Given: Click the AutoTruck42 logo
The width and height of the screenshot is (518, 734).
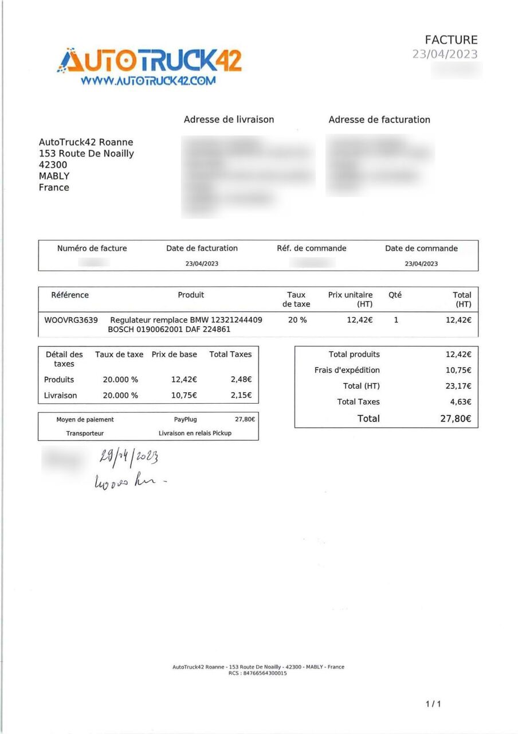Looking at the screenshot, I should click(150, 60).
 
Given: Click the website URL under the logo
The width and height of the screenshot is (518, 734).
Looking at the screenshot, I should click(148, 81).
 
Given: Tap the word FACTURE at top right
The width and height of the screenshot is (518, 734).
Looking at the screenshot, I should click(451, 40).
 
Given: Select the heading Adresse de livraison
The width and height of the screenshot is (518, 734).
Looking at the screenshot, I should click(229, 119).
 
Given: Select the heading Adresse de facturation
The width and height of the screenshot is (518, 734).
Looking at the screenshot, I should click(379, 119).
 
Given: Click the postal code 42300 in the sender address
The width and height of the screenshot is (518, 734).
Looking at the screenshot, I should click(53, 165).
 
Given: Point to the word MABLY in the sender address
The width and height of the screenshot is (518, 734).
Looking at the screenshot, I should click(54, 176).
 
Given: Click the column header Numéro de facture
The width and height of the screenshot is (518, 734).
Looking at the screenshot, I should click(92, 248).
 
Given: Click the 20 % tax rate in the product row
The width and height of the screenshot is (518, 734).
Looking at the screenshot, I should click(297, 320).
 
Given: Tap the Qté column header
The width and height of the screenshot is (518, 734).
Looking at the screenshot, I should click(395, 295).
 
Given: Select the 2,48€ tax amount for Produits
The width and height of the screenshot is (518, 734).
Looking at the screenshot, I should click(241, 380).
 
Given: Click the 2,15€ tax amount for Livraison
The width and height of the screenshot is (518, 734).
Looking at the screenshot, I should click(241, 396).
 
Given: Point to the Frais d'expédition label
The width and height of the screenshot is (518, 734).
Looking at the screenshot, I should click(347, 370).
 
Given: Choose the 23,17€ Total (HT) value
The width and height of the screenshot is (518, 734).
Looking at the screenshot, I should click(458, 386).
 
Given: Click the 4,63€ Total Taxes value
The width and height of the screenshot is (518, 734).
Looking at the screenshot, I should click(460, 402).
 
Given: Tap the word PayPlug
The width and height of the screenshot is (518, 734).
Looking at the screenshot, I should click(185, 420).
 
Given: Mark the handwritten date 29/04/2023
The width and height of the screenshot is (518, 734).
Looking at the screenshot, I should click(129, 457).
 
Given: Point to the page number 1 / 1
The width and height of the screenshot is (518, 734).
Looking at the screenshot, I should click(434, 704).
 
